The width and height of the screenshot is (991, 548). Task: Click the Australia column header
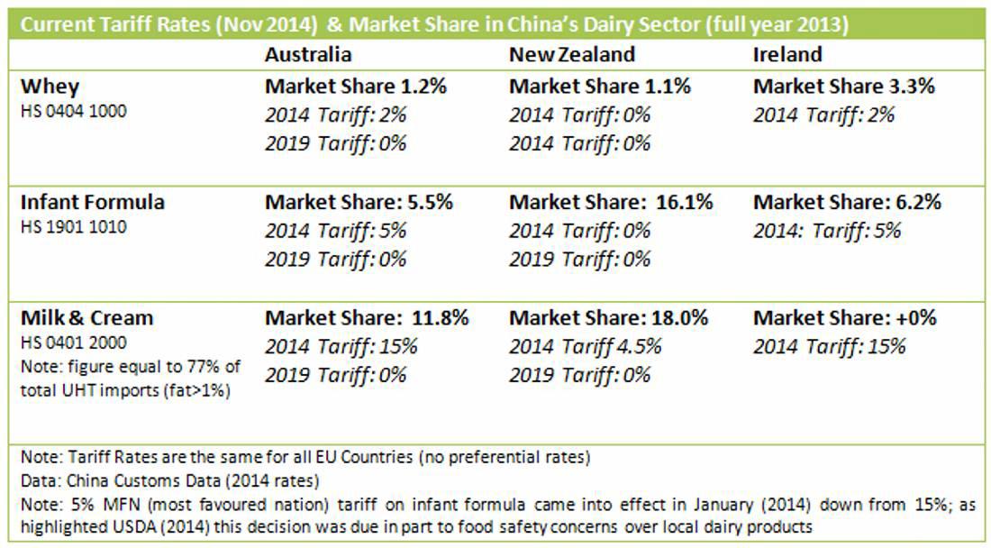[x=308, y=54]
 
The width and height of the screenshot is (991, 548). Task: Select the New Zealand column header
[x=572, y=54]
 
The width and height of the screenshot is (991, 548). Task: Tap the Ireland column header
[x=787, y=54]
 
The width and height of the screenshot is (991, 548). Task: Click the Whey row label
[x=50, y=87]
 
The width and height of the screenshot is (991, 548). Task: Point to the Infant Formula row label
[x=93, y=202]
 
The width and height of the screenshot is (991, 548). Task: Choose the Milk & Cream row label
[x=86, y=318]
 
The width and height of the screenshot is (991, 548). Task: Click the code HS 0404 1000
[x=74, y=112]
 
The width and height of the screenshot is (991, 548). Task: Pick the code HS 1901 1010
[x=74, y=227]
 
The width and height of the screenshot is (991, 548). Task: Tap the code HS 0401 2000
[x=74, y=342]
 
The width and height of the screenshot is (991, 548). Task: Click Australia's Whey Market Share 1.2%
[x=356, y=87]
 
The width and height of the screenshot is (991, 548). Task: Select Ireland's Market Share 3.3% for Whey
[x=844, y=87]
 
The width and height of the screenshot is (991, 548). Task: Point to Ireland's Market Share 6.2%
[x=847, y=202]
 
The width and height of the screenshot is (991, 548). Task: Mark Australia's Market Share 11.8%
[x=367, y=318]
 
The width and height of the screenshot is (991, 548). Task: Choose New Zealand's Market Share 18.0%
[x=608, y=318]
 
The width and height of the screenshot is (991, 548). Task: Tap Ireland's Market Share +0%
[x=845, y=318]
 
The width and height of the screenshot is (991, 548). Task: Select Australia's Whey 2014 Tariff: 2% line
[x=335, y=115]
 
